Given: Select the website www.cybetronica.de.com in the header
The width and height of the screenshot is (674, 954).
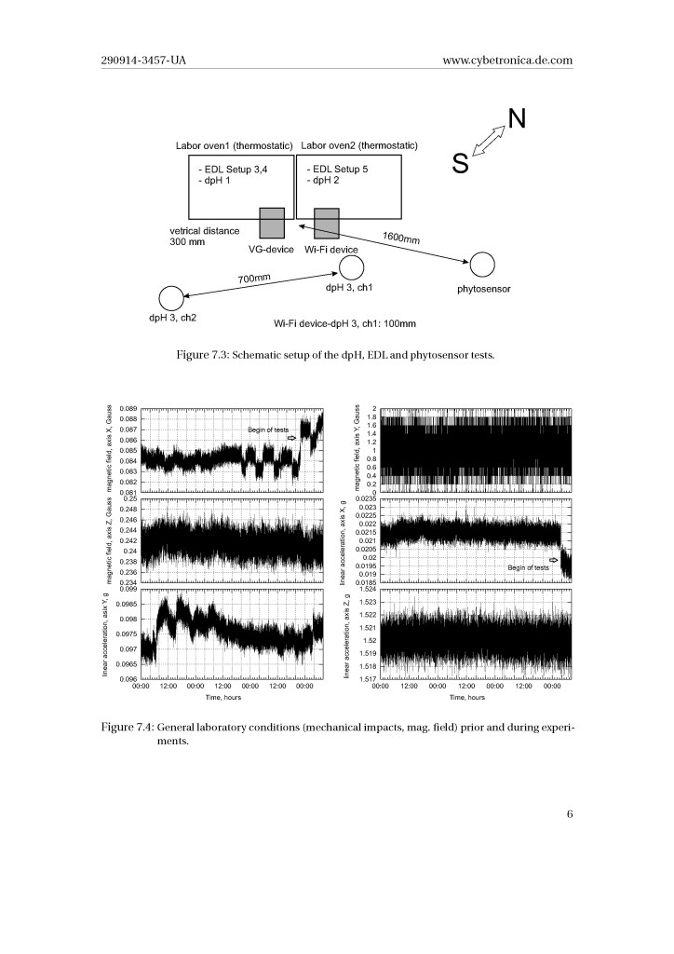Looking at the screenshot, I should [x=507, y=61].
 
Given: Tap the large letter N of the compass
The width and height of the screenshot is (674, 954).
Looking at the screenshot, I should [x=517, y=118].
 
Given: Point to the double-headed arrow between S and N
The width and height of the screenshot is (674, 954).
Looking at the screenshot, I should [x=489, y=142].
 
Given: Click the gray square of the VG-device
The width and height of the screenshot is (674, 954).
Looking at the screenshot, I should [x=271, y=223].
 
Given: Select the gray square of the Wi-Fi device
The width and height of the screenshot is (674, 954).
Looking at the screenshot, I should [x=326, y=223].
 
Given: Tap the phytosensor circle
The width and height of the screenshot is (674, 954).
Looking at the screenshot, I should [x=482, y=265].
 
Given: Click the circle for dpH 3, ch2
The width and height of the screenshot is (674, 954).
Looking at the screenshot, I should [x=171, y=298].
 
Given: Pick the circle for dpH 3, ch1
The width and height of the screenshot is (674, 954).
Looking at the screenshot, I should [x=350, y=268].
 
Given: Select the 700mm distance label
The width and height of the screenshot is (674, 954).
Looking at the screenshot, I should [x=252, y=278].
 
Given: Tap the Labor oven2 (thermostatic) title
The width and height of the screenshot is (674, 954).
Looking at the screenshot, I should [x=359, y=146].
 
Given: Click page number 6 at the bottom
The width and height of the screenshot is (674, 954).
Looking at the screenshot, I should [x=569, y=814].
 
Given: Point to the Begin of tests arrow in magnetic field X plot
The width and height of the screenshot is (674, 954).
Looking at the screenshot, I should [x=292, y=437].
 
